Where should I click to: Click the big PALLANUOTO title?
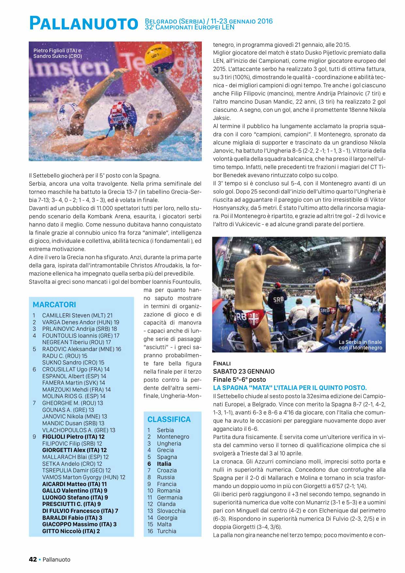pyautogui.click(x=83, y=24)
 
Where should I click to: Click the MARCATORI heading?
pyautogui.click(x=54, y=305)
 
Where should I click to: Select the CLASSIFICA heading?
pyautogui.click(x=169, y=419)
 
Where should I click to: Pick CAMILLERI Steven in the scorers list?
pyautogui.click(x=77, y=315)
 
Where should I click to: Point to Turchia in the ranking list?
pyautogui.click(x=166, y=531)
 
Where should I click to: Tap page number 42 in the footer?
pyautogui.click(x=33, y=559)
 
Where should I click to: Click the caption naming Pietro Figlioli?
pyautogui.click(x=57, y=53)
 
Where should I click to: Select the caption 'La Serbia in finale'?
pyautogui.click(x=360, y=345)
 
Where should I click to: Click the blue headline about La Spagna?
pyautogui.click(x=290, y=388)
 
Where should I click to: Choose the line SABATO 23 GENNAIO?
pyautogui.click(x=244, y=371)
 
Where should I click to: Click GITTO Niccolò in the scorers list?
pyautogui.click(x=71, y=531)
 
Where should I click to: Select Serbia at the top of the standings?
pyautogui.click(x=165, y=430)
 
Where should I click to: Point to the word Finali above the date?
pyautogui.click(x=222, y=363)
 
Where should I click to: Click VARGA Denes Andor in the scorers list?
pyautogui.click(x=80, y=322)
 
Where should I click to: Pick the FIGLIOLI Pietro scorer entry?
pyautogui.click(x=73, y=437)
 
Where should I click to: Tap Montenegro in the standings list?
pyautogui.click(x=173, y=437)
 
